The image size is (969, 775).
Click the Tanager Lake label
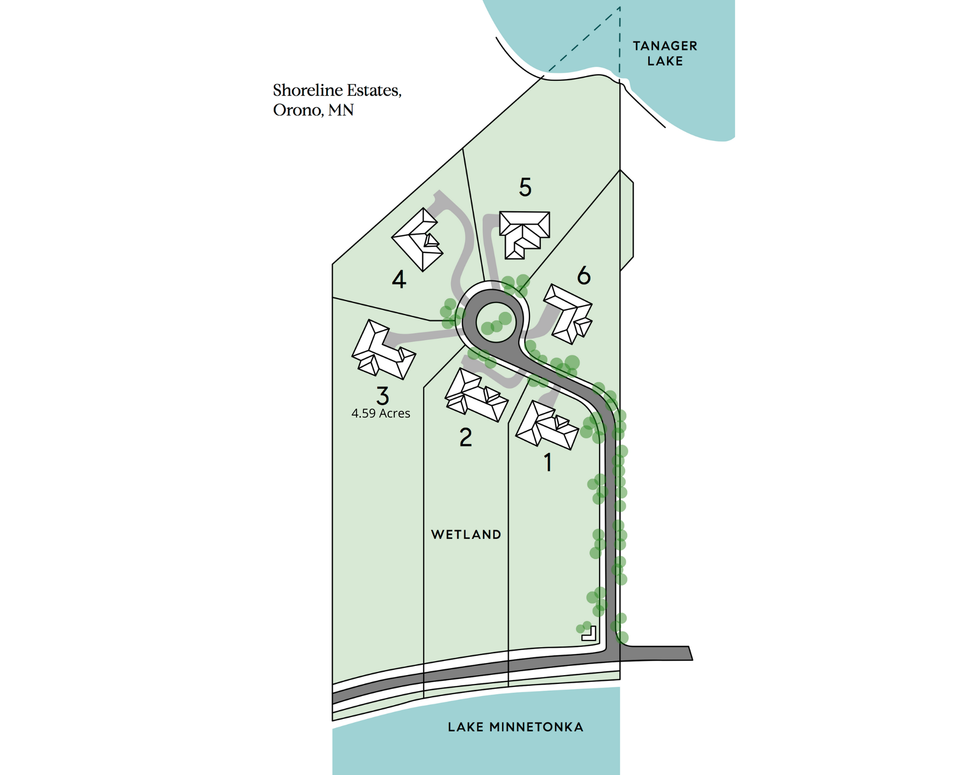click(665, 53)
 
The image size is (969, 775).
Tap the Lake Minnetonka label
click(516, 727)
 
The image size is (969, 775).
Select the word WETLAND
click(466, 535)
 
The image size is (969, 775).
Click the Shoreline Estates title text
click(337, 91)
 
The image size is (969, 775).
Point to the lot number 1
click(548, 463)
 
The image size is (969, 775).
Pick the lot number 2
click(466, 437)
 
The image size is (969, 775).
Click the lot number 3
click(383, 396)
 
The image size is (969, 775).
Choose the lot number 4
click(399, 279)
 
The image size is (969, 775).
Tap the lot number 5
click(525, 187)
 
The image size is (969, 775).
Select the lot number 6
click(584, 276)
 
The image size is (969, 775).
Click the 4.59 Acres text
click(381, 414)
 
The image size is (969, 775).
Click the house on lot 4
click(418, 240)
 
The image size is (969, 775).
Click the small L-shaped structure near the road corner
click(590, 634)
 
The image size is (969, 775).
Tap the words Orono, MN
click(313, 110)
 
